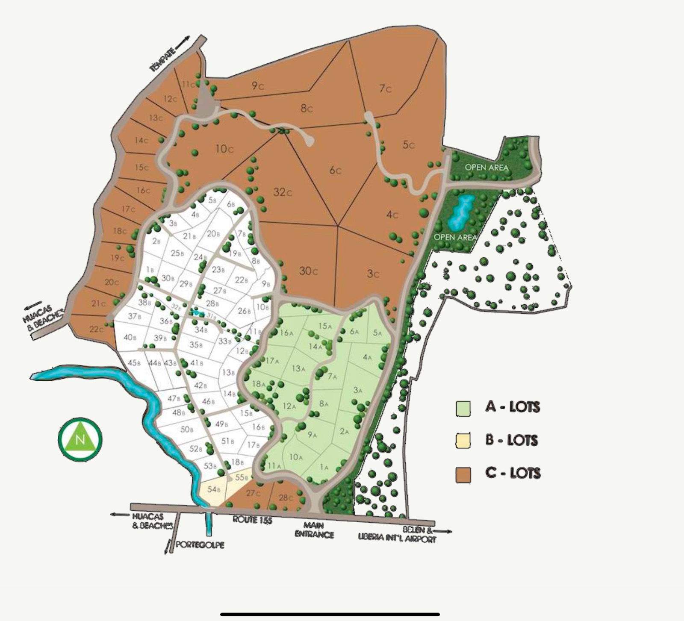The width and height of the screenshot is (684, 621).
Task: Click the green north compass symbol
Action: point(80,439)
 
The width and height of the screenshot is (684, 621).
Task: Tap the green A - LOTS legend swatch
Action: point(463,408)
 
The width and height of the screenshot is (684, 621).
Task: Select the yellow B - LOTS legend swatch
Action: point(463,441)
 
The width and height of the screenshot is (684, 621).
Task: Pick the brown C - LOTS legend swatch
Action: point(463,474)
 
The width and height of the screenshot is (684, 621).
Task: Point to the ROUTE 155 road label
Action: point(252,520)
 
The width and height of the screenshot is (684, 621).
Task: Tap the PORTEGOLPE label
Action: point(200,545)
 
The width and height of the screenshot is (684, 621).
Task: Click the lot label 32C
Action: point(283,192)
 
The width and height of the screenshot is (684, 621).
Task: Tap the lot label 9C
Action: point(257,86)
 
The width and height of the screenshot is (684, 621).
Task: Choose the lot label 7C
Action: point(385,88)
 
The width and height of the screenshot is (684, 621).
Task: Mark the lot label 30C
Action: point(308,271)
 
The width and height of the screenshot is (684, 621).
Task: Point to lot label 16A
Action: point(287,333)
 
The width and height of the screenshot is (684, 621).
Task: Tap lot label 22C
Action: point(97,329)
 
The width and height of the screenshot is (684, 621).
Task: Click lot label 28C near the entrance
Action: point(286,497)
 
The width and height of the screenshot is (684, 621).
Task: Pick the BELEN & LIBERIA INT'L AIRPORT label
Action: point(397,535)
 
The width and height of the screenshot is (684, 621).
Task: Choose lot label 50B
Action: point(187,429)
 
